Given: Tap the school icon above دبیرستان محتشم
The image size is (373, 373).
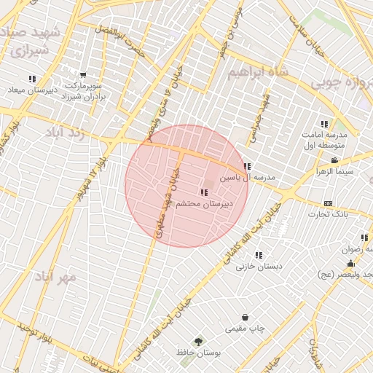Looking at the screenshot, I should [x=203, y=192].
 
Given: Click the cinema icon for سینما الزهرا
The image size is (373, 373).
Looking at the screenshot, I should [x=334, y=160].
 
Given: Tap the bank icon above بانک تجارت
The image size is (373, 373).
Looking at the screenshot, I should [x=328, y=203].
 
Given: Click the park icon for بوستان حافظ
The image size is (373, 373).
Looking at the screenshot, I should [x=198, y=341].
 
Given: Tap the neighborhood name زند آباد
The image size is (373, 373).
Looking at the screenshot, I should [x=66, y=133].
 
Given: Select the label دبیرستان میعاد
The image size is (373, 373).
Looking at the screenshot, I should [x=31, y=90].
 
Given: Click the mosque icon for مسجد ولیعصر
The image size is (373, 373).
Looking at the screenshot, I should [x=350, y=263].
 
